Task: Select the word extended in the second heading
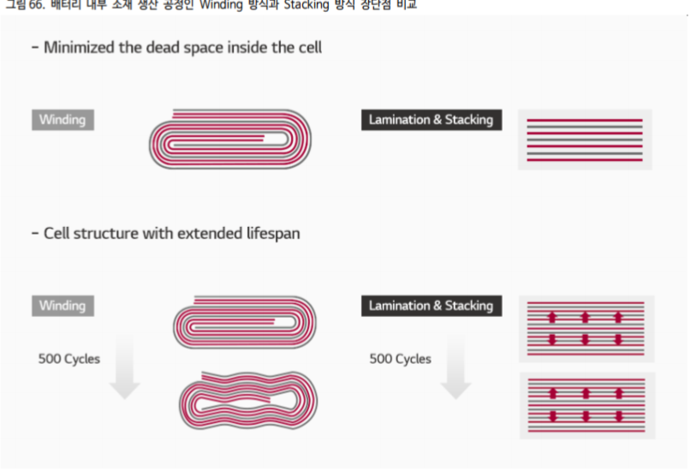[208, 233]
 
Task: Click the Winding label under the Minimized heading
[63, 120]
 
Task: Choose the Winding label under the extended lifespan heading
[63, 306]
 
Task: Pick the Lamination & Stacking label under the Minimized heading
[431, 120]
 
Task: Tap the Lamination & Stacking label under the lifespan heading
[431, 306]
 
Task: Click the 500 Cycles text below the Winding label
[69, 359]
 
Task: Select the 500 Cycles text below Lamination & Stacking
[400, 359]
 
